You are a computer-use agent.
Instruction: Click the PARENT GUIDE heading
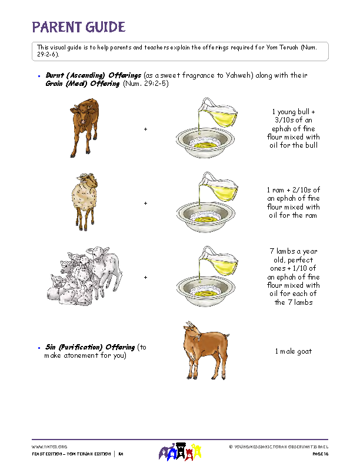click(78, 27)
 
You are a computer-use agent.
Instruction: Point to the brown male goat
click(205, 351)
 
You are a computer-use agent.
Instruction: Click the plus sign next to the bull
click(145, 129)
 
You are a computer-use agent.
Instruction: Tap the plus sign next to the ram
click(145, 203)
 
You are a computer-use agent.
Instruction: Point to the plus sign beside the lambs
click(145, 277)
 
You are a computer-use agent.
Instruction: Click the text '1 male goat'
click(294, 351)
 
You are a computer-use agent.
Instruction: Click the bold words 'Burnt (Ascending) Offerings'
click(94, 76)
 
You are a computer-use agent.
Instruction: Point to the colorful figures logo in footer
click(181, 452)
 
